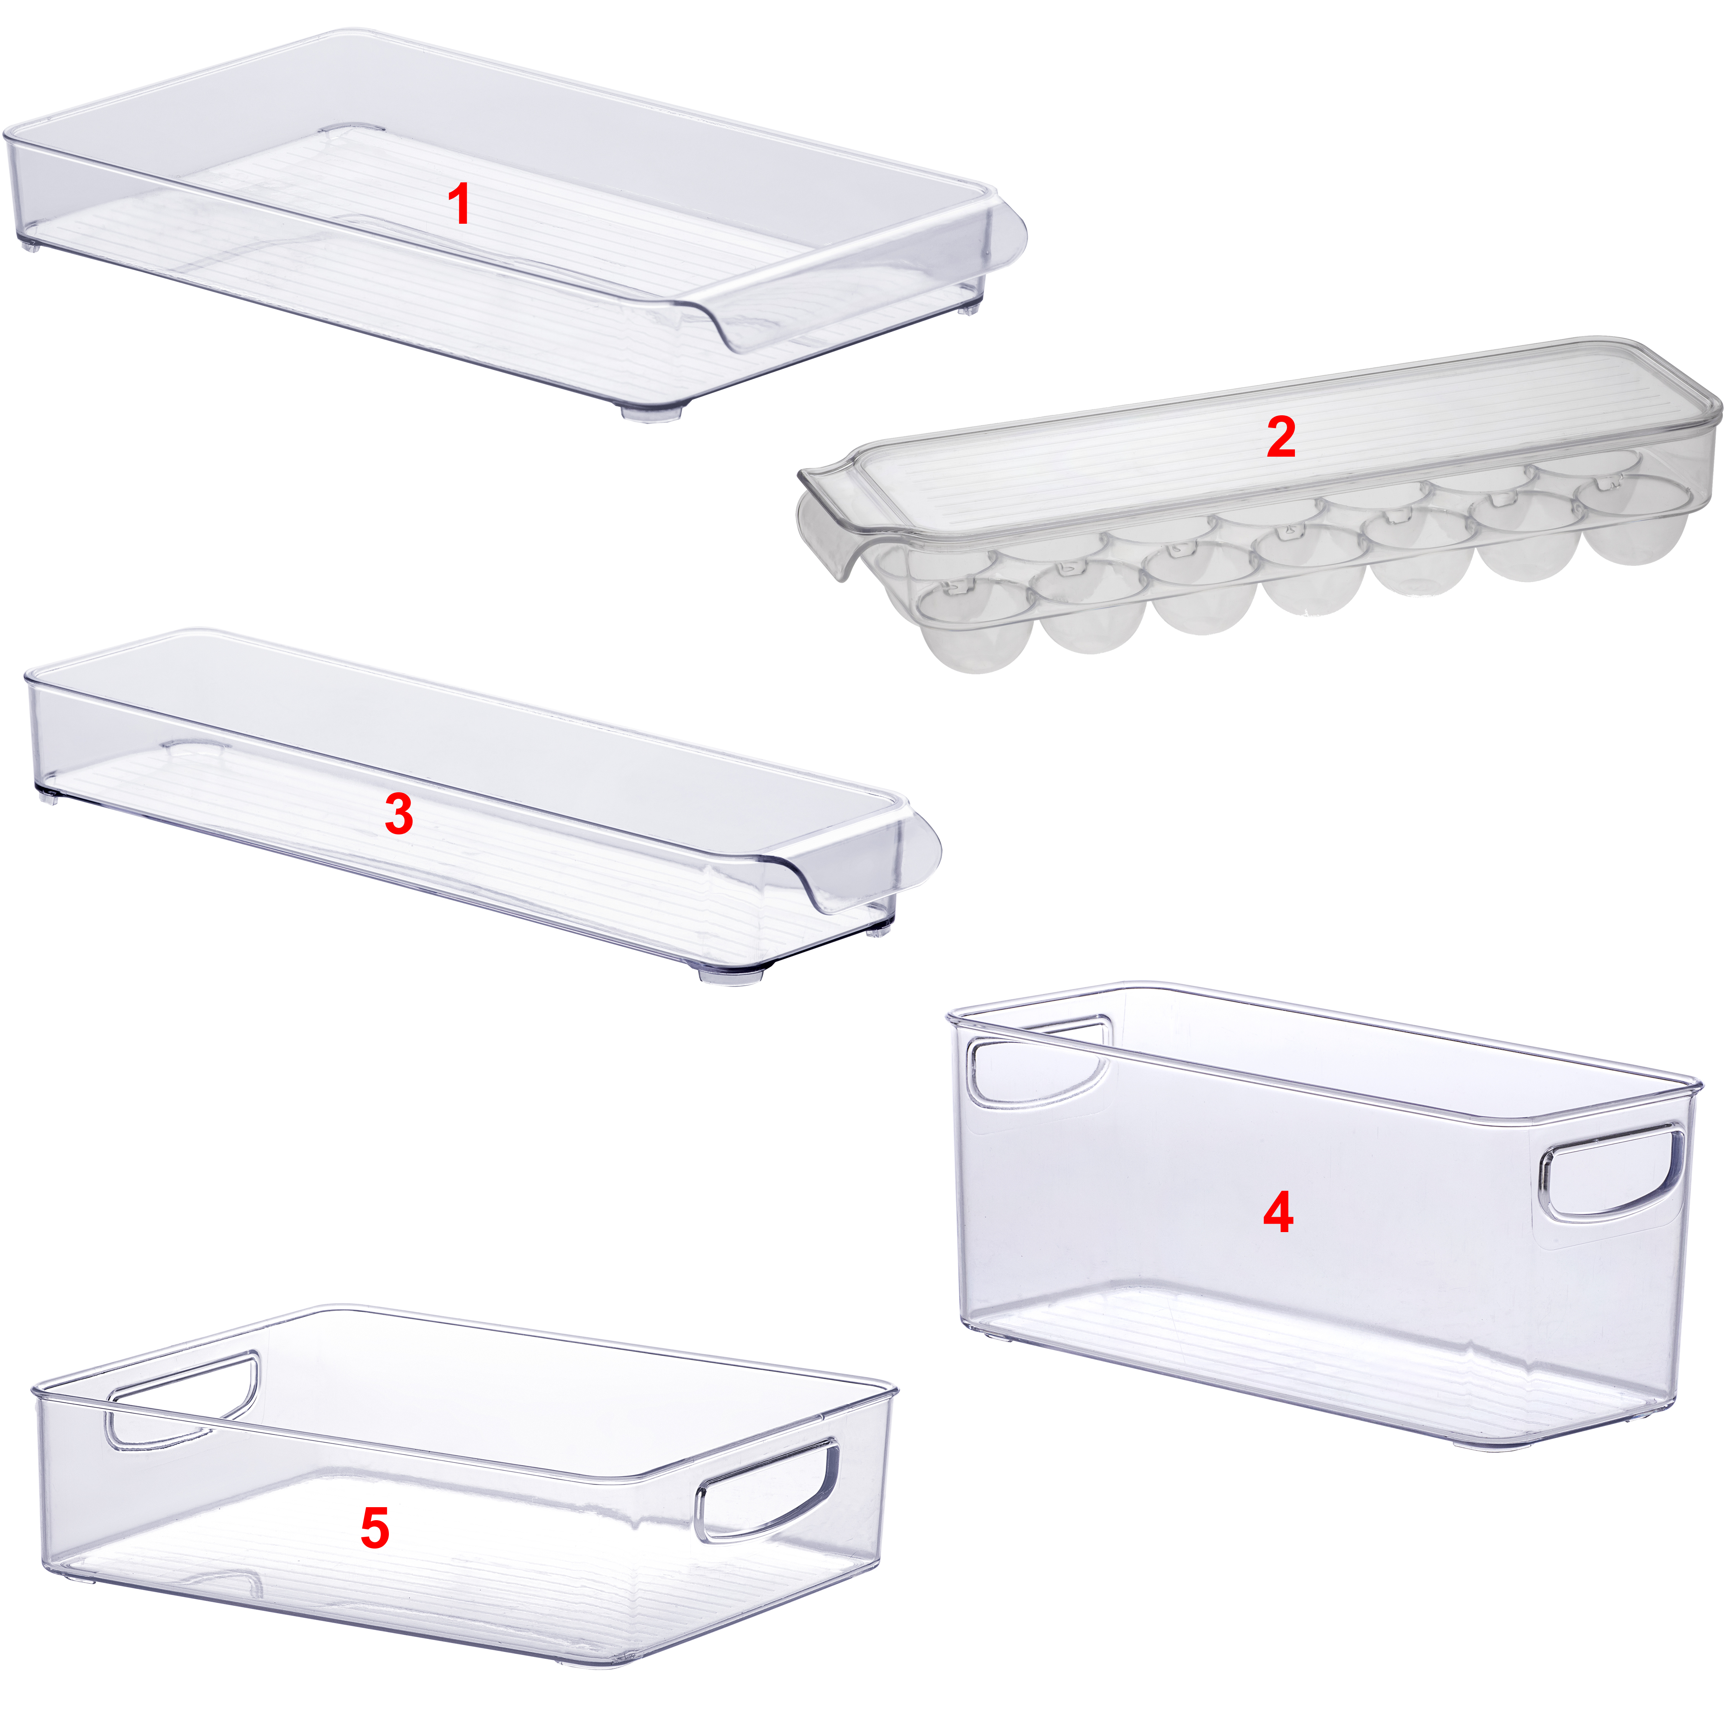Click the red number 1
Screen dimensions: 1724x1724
[x=460, y=204]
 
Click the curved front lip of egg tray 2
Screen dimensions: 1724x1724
[x=826, y=522]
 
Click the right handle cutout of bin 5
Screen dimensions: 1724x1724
[x=767, y=1490]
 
